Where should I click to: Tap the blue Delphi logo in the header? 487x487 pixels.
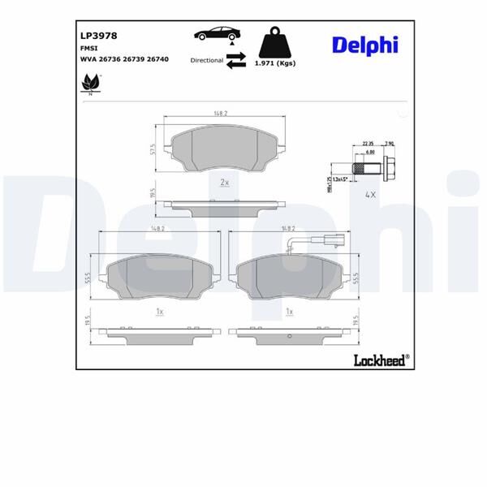click(364, 45)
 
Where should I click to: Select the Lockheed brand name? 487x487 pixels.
click(380, 359)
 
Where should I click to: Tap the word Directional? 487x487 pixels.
click(206, 60)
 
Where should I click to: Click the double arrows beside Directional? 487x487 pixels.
click(236, 59)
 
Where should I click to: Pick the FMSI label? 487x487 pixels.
click(88, 48)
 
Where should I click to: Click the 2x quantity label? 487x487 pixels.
click(225, 183)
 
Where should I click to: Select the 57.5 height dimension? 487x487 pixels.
click(152, 150)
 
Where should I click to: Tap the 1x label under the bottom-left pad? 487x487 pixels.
click(160, 312)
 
